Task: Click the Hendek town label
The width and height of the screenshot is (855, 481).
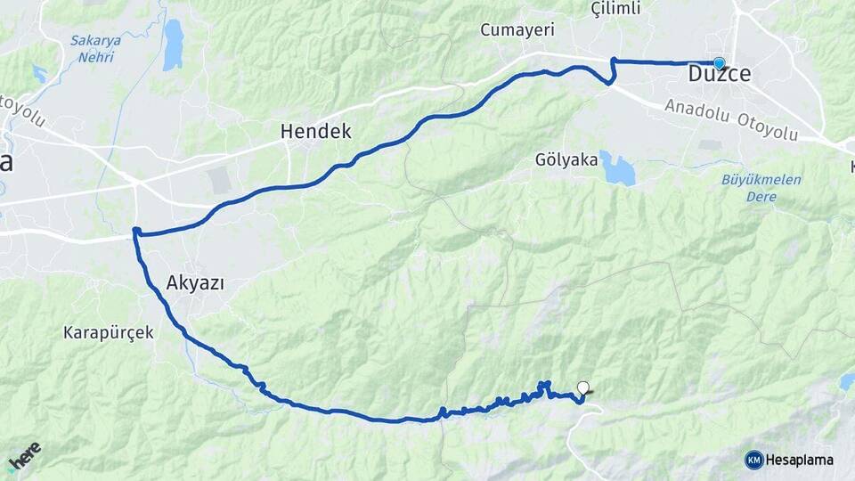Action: (315, 132)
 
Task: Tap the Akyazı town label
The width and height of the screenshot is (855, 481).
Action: (195, 284)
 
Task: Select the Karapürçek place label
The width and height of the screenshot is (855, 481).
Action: (109, 333)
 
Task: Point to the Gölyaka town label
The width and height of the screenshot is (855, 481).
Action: (566, 159)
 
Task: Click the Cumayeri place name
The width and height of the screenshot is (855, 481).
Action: (517, 30)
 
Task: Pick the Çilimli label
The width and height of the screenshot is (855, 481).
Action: (615, 9)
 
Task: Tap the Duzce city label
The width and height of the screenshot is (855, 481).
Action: (720, 75)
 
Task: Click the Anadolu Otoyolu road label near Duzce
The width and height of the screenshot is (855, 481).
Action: (730, 120)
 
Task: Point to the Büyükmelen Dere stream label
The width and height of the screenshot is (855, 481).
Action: (761, 187)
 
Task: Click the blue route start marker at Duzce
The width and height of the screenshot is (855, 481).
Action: (719, 63)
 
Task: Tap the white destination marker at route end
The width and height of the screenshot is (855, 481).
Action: (583, 387)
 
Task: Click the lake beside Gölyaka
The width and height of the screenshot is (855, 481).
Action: (617, 167)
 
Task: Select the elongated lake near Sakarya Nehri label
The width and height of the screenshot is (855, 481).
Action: (173, 45)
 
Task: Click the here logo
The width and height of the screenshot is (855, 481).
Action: (24, 457)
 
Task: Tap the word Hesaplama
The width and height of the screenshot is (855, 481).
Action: (800, 460)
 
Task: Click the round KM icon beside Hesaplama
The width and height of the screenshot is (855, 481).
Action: (754, 460)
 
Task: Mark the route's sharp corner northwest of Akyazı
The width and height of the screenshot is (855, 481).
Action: (136, 232)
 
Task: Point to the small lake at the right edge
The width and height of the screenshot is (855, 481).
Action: (846, 381)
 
